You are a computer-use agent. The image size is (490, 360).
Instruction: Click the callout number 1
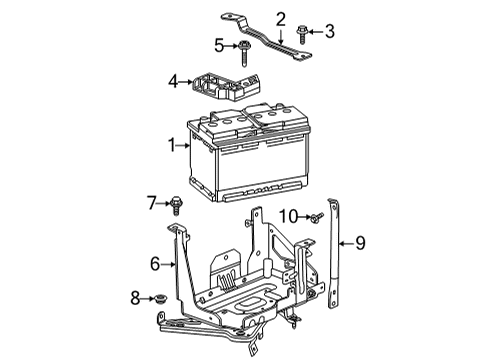(x=172, y=146)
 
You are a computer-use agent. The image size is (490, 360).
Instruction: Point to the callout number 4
(x=172, y=80)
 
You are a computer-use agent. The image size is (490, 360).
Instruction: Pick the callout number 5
(x=218, y=44)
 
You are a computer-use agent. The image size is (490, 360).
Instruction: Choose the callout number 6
(x=155, y=263)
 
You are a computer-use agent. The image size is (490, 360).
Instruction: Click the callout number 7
(x=152, y=203)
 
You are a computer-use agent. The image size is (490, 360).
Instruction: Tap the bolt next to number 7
(x=178, y=205)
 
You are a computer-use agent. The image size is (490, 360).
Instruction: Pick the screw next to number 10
(x=313, y=217)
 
